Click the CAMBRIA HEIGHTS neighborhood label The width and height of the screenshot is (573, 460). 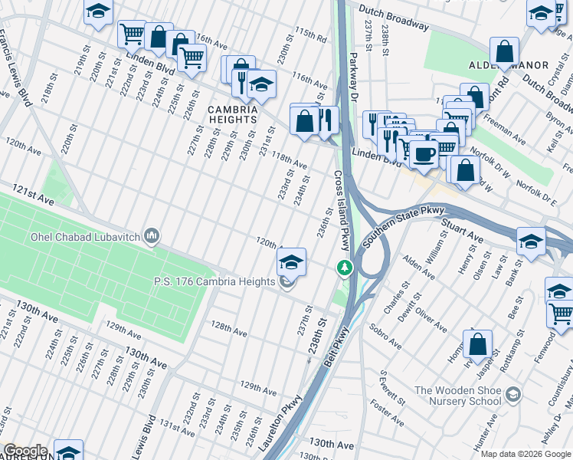point(232,114)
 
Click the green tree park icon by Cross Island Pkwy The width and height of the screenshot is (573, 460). point(345,268)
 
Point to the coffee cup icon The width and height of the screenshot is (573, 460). point(423,153)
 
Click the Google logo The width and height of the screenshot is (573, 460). point(25,451)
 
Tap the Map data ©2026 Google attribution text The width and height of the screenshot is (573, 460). point(526,454)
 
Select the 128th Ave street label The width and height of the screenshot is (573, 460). point(229,331)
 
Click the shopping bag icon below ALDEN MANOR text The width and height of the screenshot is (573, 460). point(505,52)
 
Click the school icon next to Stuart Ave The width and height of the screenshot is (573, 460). point(531,241)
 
